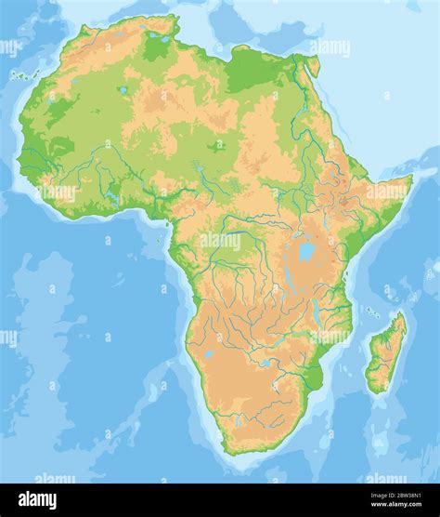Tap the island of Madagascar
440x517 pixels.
coord(386,353)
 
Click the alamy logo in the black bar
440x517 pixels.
coord(37,500)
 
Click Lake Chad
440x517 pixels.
coord(216,146)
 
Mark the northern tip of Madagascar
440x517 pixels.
coord(402,313)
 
